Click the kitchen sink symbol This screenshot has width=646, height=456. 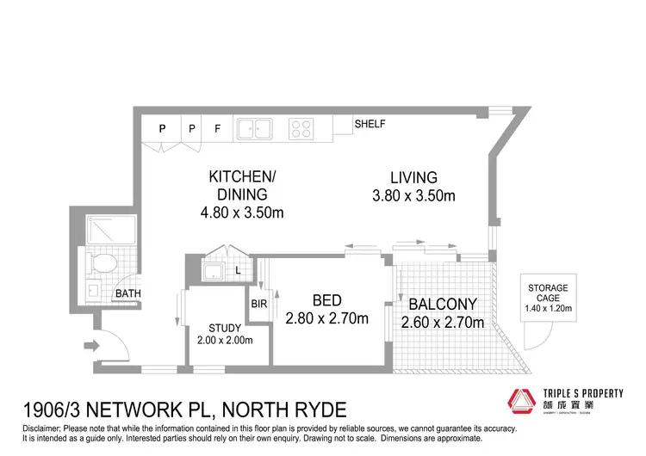point(256,128)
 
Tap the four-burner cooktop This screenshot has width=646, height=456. point(301,128)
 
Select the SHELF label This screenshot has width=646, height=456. point(370,124)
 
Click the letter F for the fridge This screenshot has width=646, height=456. point(218,129)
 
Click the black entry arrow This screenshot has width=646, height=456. point(91,348)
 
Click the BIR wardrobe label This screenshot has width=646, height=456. point(259,304)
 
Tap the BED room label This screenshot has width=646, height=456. point(327,300)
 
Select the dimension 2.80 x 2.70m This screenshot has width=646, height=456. point(327,319)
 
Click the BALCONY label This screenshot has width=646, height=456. point(442,304)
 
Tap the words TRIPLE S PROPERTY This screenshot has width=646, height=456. point(581,393)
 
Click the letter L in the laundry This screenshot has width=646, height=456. point(238,273)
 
